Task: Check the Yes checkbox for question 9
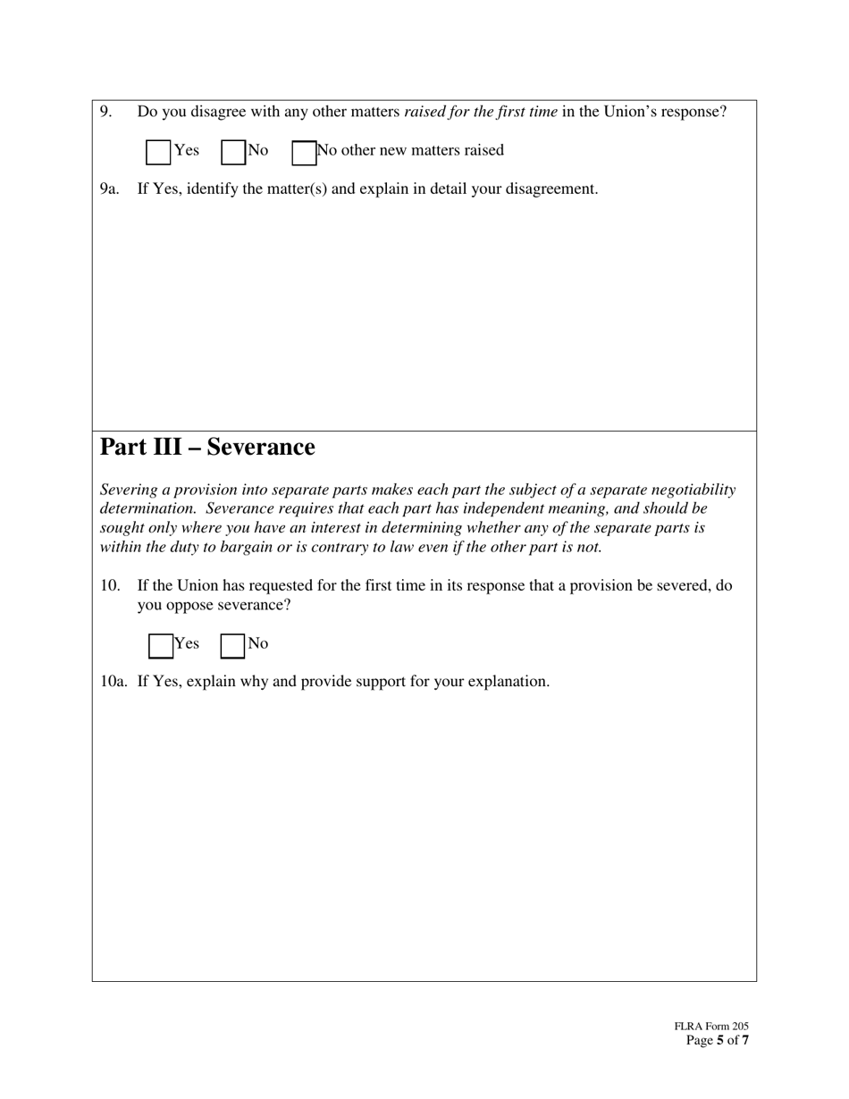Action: tap(158, 153)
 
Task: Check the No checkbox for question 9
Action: tap(233, 153)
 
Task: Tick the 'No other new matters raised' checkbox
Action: tap(304, 153)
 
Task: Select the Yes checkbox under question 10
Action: tap(161, 646)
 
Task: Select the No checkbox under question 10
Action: tap(232, 646)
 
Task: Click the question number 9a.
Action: tap(109, 189)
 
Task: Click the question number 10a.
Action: tap(113, 682)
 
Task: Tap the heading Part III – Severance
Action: tap(207, 447)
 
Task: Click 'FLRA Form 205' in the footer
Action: tap(711, 1027)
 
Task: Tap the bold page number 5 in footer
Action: tap(720, 1041)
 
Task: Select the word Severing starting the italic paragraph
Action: tap(129, 490)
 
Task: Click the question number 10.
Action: tap(109, 586)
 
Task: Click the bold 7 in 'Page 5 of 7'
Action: tap(745, 1041)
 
